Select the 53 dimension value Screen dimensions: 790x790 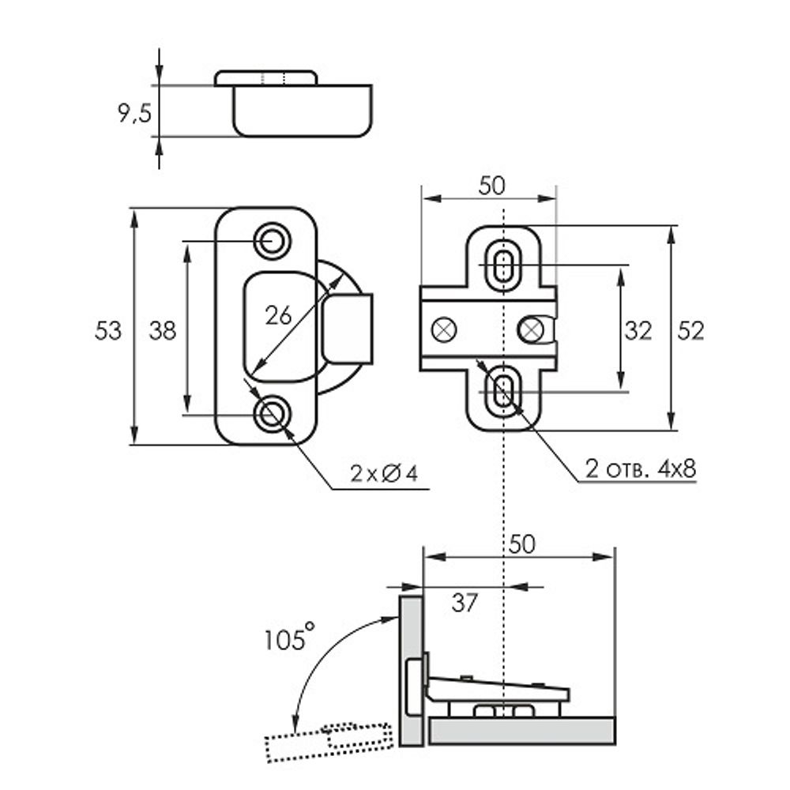[108, 330]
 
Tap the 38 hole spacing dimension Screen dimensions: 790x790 [163, 330]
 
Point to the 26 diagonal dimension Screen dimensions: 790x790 [278, 315]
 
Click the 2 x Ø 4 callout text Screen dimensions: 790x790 [384, 473]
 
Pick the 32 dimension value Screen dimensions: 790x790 [638, 331]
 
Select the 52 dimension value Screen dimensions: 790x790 [690, 331]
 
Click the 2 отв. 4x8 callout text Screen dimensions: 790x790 [641, 468]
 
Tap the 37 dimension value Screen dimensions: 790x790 [465, 603]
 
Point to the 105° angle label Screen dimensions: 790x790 [288, 637]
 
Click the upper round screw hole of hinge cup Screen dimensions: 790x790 [272, 239]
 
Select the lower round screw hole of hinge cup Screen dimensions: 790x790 [272, 413]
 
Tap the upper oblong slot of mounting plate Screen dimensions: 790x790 [502, 264]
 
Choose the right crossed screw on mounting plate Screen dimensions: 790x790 [532, 329]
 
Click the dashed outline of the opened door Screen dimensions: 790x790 [328, 740]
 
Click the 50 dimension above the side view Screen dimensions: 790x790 [521, 544]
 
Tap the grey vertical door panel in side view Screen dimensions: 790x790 [410, 671]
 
